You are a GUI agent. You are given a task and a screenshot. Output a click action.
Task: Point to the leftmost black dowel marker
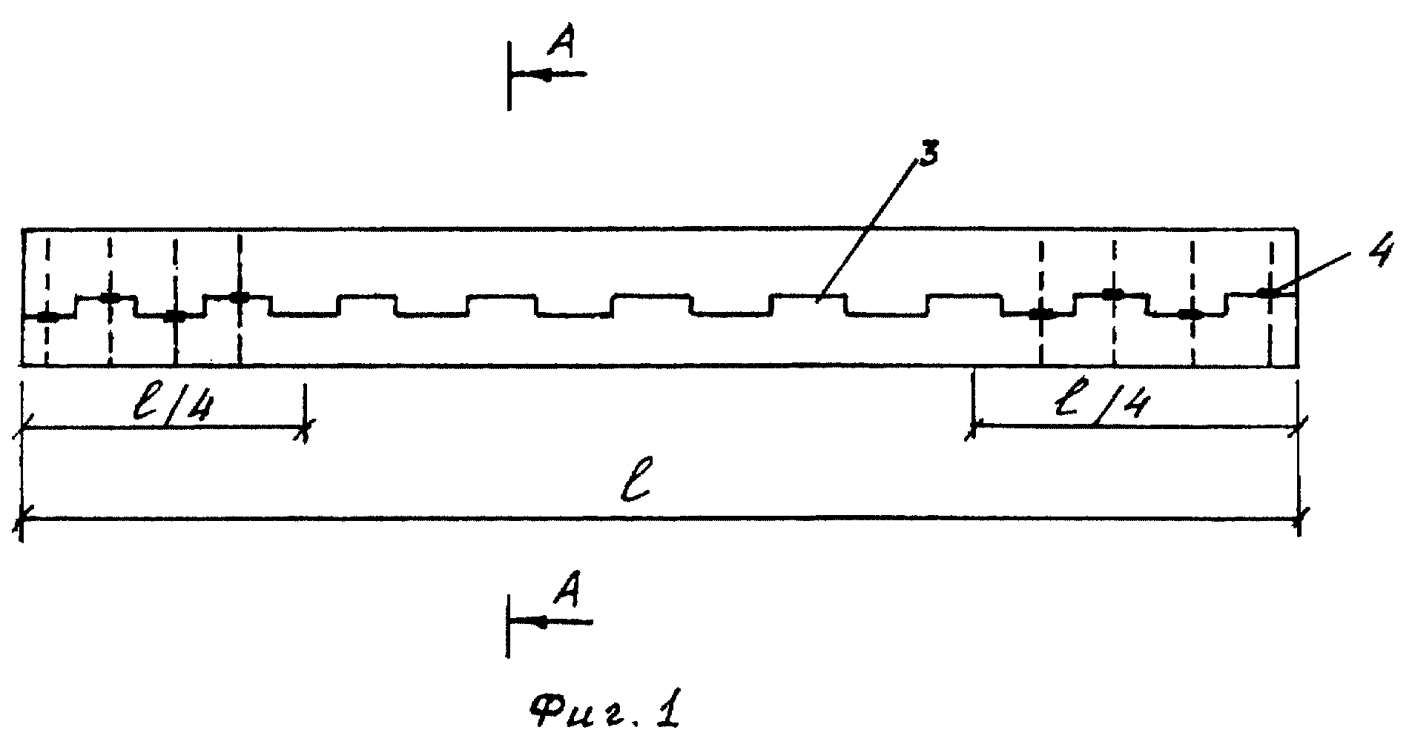click(48, 317)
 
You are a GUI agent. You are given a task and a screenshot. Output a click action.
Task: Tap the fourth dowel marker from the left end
click(239, 297)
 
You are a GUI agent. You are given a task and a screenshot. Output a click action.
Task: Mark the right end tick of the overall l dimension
click(1299, 519)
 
